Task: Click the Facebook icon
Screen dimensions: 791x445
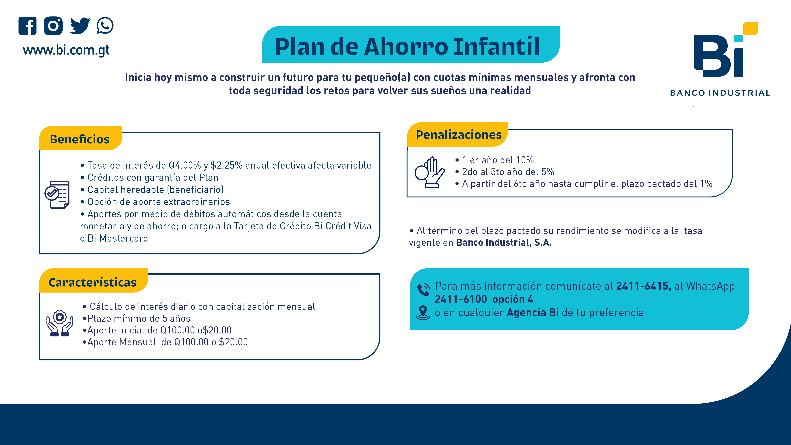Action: point(27,26)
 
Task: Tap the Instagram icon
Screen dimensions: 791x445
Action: point(53,26)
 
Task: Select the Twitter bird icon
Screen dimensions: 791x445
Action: point(80,26)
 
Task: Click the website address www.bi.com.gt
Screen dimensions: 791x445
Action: point(66,50)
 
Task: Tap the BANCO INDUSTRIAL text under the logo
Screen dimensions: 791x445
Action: point(720,93)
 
